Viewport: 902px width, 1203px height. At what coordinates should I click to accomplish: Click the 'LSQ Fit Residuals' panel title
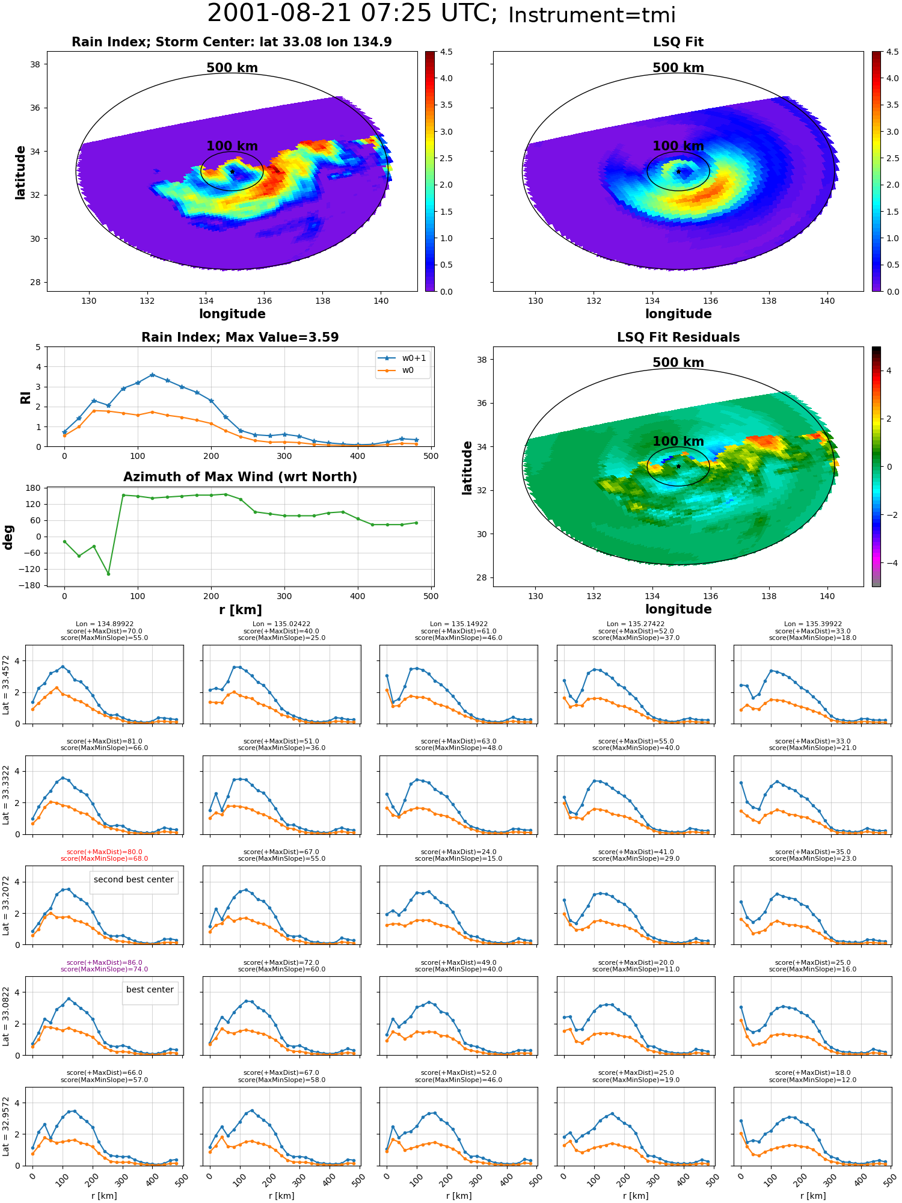pyautogui.click(x=678, y=337)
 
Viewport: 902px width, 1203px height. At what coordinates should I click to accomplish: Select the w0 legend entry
pyautogui.click(x=397, y=370)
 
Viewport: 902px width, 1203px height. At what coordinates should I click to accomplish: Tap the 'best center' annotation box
pyautogui.click(x=150, y=989)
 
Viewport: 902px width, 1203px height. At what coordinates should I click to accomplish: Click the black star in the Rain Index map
pyautogui.click(x=232, y=171)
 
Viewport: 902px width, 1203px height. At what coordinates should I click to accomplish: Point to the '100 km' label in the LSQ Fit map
pyautogui.click(x=678, y=146)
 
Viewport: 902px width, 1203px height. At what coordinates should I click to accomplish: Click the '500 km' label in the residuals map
pyautogui.click(x=678, y=363)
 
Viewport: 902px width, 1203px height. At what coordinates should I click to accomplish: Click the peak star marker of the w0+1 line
pyautogui.click(x=152, y=375)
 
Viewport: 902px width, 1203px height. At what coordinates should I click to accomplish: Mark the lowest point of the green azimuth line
pyautogui.click(x=108, y=573)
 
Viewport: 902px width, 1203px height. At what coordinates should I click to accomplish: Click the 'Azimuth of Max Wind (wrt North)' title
pyautogui.click(x=241, y=477)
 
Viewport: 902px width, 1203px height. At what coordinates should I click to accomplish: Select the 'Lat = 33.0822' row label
pyautogui.click(x=6, y=1016)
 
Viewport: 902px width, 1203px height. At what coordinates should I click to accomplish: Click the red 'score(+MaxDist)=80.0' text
pyautogui.click(x=105, y=852)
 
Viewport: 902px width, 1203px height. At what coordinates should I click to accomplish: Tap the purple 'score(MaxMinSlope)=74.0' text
pyautogui.click(x=105, y=969)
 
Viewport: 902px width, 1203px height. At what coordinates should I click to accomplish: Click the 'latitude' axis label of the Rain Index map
pyautogui.click(x=20, y=172)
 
